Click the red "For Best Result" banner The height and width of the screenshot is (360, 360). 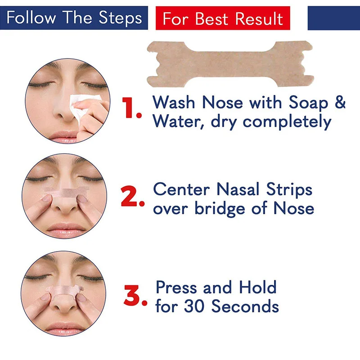tap(223, 18)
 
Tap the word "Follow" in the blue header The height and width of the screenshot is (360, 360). tap(31, 18)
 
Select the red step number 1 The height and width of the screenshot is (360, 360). tap(131, 108)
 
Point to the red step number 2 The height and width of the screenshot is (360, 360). tap(132, 196)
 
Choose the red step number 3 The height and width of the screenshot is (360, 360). tap(135, 295)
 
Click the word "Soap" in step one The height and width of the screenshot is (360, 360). tap(308, 103)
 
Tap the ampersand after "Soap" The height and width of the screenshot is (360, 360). tap(340, 102)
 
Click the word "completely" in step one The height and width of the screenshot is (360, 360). tap(287, 122)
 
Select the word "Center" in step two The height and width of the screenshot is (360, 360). tap(181, 189)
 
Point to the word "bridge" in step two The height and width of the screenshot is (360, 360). tap(220, 209)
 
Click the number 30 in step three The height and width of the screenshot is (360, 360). tap(194, 306)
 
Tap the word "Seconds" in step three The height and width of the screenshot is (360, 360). tap(245, 306)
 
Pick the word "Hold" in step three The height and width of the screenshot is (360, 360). tap(257, 287)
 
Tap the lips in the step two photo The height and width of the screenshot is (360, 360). tap(66, 230)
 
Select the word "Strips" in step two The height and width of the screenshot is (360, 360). tap(289, 190)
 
